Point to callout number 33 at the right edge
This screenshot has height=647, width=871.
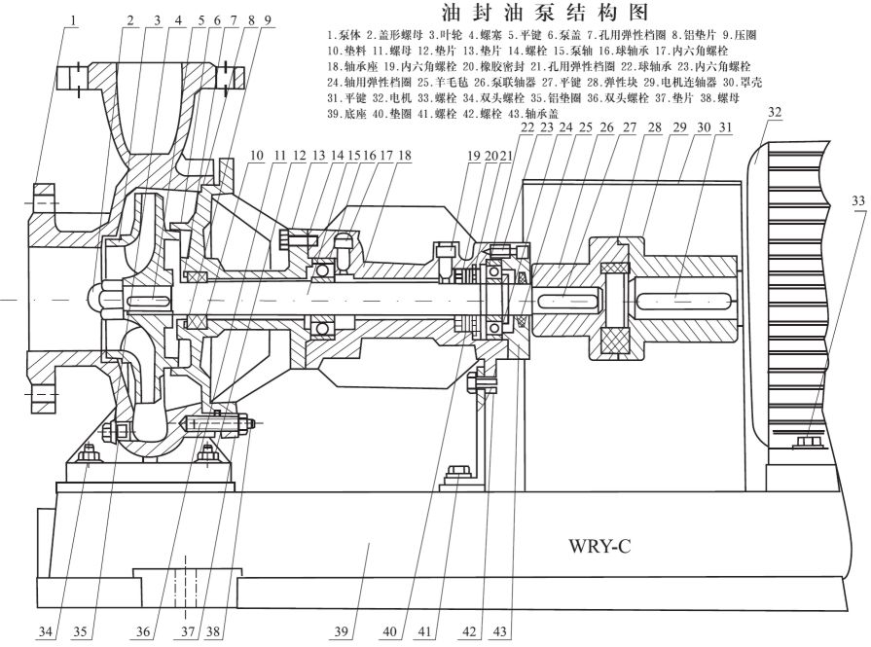tap(858, 201)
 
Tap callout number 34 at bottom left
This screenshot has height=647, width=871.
tap(44, 632)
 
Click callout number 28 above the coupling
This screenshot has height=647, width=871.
tap(653, 127)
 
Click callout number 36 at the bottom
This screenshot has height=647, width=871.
tap(143, 632)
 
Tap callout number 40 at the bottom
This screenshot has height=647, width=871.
tap(390, 632)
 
